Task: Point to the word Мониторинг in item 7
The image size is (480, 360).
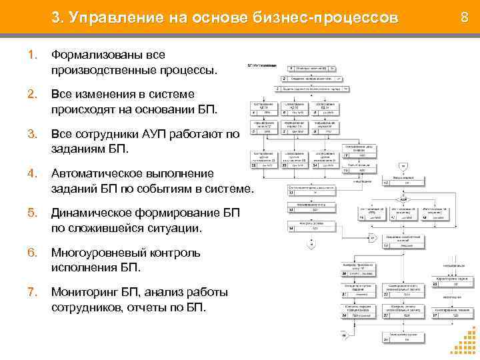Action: pyautogui.click(x=83, y=292)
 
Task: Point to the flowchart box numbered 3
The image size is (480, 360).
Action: pyautogui.click(x=310, y=88)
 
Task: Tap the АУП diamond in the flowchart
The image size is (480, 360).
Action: pyautogui.click(x=403, y=199)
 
